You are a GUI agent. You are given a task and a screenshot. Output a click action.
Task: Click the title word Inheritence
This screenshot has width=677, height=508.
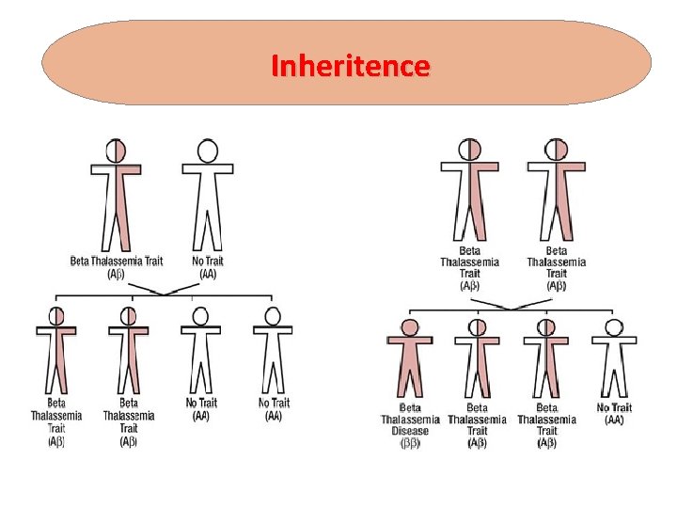[350, 67]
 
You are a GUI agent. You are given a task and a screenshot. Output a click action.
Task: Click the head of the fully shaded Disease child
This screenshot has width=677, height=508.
[409, 327]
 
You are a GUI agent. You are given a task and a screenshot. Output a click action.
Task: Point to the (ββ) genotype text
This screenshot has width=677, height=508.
[410, 443]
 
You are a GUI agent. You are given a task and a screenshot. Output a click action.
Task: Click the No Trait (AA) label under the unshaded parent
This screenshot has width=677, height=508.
[208, 267]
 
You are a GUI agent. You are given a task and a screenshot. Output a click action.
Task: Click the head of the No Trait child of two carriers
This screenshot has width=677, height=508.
[614, 327]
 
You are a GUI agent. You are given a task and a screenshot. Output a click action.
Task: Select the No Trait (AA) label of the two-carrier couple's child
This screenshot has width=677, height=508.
[614, 414]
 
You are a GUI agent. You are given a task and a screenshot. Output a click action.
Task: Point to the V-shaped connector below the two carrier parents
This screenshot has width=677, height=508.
[512, 305]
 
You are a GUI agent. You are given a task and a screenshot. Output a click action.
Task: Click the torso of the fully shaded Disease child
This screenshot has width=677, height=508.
[409, 357]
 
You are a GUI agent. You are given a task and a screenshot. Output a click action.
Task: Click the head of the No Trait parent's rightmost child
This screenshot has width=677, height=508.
[273, 316]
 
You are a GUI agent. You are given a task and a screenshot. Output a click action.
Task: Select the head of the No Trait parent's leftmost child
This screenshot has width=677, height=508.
[56, 316]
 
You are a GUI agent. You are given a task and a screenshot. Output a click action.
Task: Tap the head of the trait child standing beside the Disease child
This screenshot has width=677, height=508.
[477, 327]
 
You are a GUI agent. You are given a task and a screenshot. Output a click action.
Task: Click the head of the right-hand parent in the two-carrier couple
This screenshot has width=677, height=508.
[557, 150]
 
